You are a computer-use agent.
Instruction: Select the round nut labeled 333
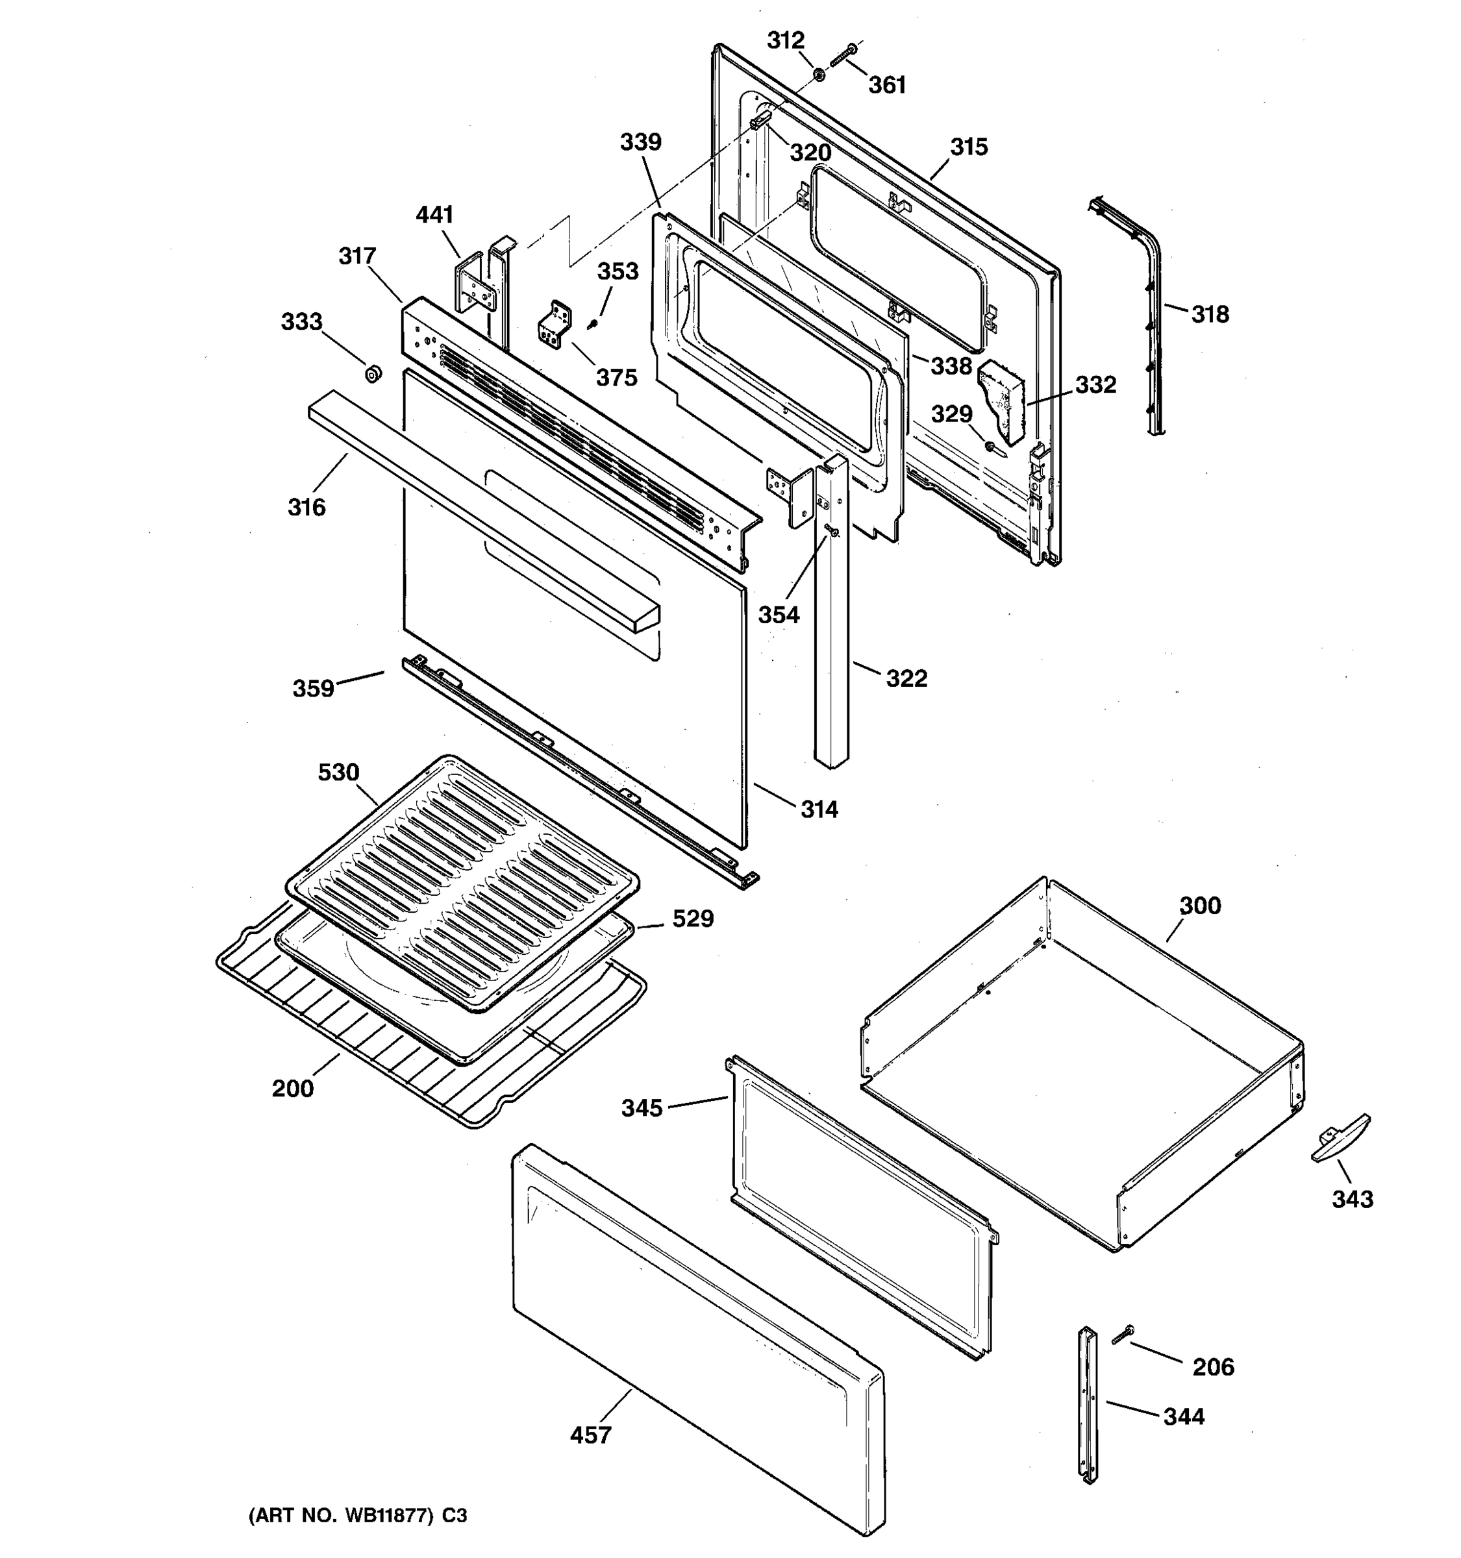coord(373,373)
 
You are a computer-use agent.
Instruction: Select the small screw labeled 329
coord(992,447)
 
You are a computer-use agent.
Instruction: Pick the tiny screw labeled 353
coord(593,322)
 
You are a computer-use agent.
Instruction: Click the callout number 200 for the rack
coord(292,1089)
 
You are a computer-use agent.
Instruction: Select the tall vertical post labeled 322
coord(831,627)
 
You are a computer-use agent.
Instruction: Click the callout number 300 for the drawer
coord(1199,906)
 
